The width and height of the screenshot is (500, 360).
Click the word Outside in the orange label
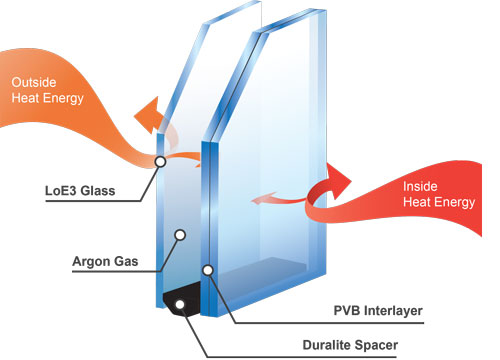coord(34,81)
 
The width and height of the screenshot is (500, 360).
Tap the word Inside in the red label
coord(421,187)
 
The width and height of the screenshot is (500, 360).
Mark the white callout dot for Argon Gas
coord(181,236)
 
